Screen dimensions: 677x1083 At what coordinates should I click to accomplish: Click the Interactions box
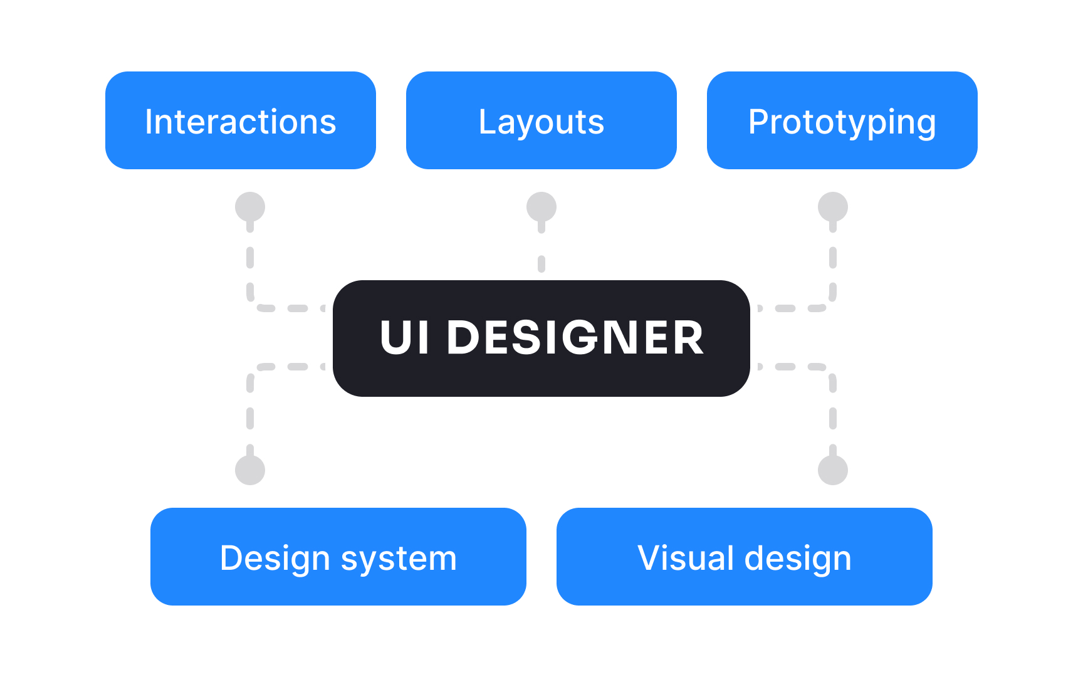(x=241, y=120)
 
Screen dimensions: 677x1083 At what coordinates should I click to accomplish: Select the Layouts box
(x=541, y=120)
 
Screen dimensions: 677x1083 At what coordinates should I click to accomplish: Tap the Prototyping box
(x=842, y=120)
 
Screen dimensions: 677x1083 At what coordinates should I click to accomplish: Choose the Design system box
(x=338, y=557)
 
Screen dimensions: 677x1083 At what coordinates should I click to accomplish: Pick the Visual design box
(x=745, y=557)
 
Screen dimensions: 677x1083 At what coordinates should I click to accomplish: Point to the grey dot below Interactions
(x=250, y=207)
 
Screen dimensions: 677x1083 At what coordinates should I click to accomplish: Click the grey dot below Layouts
(x=541, y=207)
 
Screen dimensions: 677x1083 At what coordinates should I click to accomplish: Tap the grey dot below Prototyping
(x=833, y=207)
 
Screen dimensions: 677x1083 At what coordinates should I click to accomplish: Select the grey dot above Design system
(x=250, y=470)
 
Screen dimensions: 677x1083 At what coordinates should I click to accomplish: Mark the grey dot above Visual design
(x=833, y=470)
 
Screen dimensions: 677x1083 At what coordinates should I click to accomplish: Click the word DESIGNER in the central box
(x=575, y=338)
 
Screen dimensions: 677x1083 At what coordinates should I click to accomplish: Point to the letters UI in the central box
(x=405, y=338)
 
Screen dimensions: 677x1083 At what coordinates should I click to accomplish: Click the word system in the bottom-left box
(x=399, y=559)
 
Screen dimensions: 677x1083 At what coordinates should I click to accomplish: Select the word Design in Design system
(x=275, y=559)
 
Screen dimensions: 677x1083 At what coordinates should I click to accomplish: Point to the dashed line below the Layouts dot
(x=541, y=263)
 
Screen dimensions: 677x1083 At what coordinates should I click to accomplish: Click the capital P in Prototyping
(x=759, y=121)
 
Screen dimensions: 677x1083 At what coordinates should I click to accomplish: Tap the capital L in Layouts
(x=488, y=121)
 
